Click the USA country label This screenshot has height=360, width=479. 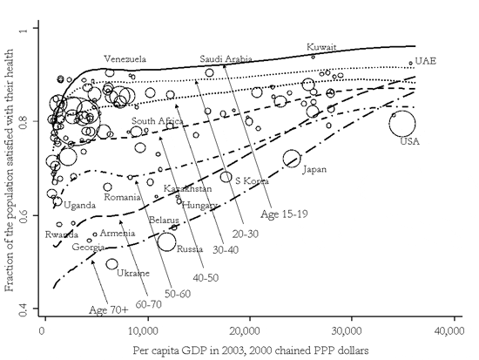click(x=409, y=141)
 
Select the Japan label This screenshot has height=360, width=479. click(x=314, y=169)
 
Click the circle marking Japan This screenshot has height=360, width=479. click(x=292, y=150)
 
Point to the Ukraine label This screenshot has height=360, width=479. click(x=133, y=273)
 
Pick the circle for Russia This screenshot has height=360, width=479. click(x=166, y=233)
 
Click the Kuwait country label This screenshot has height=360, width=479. click(x=321, y=47)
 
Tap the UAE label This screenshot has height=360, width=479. click(x=426, y=61)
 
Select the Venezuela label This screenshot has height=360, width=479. click(x=125, y=58)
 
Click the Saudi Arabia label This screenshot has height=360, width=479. click(x=226, y=58)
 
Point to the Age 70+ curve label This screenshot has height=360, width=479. click(x=109, y=310)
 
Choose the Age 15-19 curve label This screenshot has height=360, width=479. click(x=284, y=214)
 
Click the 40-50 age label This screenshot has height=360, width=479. click(x=206, y=278)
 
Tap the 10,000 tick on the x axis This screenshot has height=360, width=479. click(x=148, y=331)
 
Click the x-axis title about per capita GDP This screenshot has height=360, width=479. click(x=251, y=350)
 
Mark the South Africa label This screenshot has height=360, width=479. click(x=158, y=121)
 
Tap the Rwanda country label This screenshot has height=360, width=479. click(x=62, y=234)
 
